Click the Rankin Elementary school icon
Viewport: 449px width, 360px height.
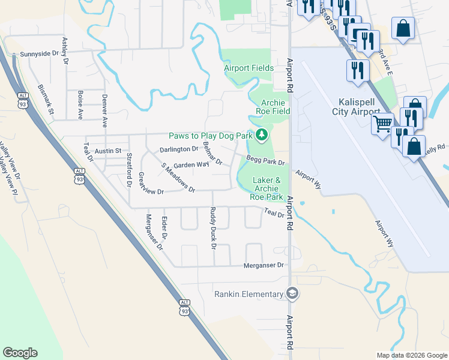coord(292,294)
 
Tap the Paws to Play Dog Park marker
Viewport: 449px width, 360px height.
coord(261,136)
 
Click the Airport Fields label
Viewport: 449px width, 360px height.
coord(249,68)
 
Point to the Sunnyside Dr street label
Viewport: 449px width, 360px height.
coord(41,54)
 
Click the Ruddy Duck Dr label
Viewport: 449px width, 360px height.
coord(212,228)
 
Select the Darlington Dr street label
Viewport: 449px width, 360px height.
coord(178,149)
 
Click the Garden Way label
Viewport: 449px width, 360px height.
coord(191,164)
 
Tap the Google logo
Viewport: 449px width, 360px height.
coord(20,353)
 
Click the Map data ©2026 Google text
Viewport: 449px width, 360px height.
coord(412,355)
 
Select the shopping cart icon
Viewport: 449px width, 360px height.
coord(382,124)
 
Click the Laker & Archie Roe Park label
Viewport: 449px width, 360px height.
coord(267,188)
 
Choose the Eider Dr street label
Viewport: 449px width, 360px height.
coord(165,228)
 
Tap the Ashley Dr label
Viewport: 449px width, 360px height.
coord(65,51)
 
